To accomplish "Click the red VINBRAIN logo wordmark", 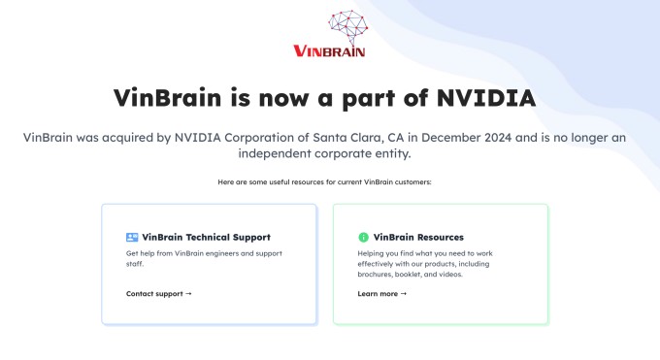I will tap(329, 50).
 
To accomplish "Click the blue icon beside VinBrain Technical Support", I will tap(132, 237).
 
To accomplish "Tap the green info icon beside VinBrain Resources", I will tap(363, 237).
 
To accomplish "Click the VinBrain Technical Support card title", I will tap(206, 237).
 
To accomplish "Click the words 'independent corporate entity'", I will tap(330, 154).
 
